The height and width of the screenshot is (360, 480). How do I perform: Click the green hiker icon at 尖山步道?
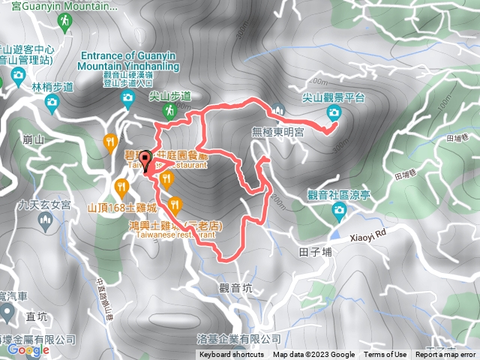coord(169,110)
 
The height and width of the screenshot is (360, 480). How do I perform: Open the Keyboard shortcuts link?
coord(232,355)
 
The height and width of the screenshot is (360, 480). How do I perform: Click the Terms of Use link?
coord(385,355)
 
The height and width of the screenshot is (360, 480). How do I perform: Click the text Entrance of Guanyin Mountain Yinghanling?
coord(130,61)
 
